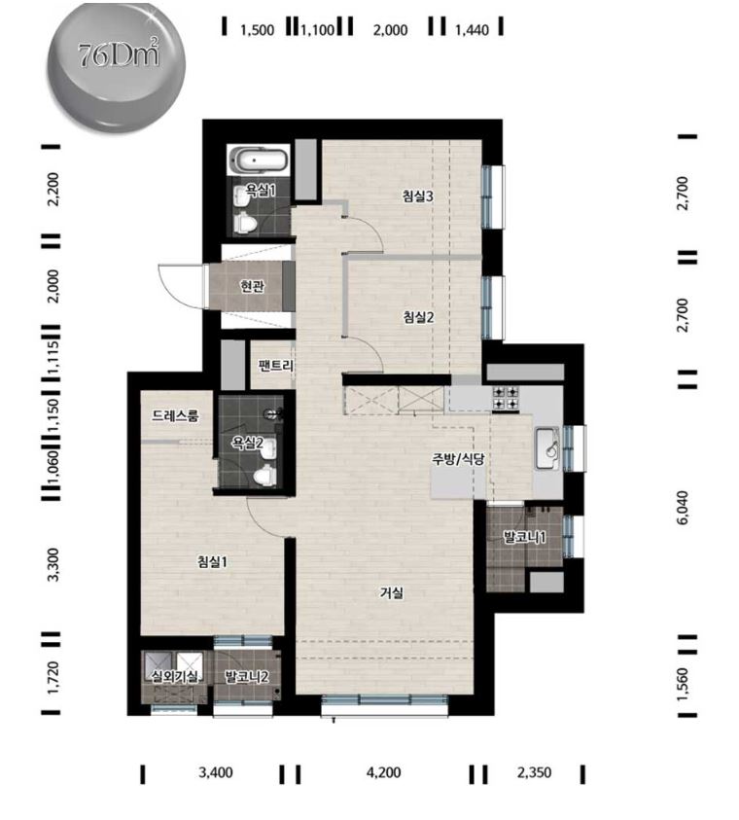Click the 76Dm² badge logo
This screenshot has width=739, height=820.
click(116, 66)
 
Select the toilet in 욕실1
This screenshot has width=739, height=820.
click(245, 224)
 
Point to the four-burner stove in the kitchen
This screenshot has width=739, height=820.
click(505, 398)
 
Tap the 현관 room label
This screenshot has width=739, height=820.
click(253, 287)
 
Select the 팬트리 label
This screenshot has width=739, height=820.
click(276, 366)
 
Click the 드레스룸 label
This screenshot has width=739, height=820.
click(176, 416)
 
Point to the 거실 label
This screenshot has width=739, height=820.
click(392, 593)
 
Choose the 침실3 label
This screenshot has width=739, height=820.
click(418, 196)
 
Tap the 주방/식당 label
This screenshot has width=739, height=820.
click(458, 459)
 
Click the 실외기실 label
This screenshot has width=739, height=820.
click(174, 677)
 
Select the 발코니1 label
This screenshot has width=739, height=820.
click(524, 537)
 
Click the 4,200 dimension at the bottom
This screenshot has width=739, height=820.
click(384, 772)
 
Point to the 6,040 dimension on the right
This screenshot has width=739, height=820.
click(683, 507)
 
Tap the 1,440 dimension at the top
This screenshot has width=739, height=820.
click(472, 30)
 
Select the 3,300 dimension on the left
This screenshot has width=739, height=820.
click(53, 564)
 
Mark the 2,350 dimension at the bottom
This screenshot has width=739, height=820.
click(534, 772)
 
